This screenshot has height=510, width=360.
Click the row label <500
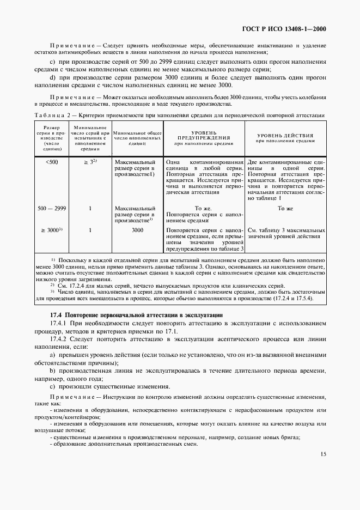click(52, 162)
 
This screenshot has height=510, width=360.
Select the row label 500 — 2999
click(52, 208)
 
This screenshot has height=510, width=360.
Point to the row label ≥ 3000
click(52, 230)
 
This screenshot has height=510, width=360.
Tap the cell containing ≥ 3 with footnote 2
click(90, 162)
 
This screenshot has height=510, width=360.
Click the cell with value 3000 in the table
click(137, 230)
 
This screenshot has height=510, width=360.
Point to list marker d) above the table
click(52, 77)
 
